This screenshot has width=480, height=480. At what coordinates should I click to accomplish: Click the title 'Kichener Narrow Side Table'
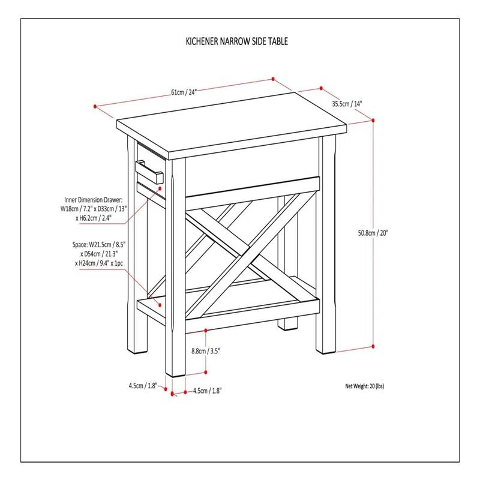[236, 42]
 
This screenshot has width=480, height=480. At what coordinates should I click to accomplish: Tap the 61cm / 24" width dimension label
[184, 92]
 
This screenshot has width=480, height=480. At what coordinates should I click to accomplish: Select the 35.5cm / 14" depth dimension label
[347, 103]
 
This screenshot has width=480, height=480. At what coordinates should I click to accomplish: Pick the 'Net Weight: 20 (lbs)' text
[365, 386]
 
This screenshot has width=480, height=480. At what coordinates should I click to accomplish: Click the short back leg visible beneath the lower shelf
[289, 324]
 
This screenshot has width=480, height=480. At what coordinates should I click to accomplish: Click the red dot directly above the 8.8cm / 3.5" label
[206, 330]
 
